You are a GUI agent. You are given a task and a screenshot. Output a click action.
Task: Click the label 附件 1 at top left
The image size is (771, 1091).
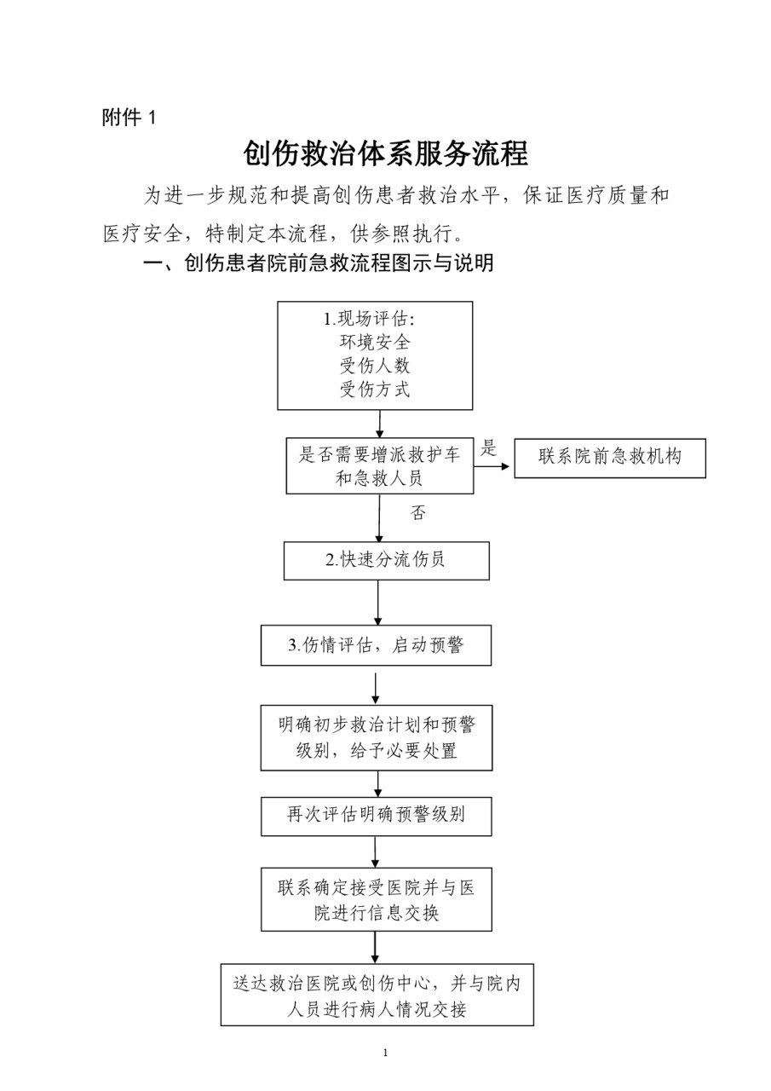click(129, 118)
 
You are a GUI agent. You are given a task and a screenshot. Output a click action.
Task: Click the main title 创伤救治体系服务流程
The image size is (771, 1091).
click(385, 154)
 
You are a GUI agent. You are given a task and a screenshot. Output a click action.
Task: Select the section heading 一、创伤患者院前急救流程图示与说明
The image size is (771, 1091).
click(319, 263)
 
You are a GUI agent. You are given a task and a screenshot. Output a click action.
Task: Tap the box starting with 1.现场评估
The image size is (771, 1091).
click(375, 355)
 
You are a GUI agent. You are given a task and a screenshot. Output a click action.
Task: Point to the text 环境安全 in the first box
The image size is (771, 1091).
click(375, 342)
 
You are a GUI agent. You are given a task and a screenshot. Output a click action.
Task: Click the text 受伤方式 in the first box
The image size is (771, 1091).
click(375, 390)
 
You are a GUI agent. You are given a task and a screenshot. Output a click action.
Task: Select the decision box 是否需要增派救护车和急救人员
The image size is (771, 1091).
click(380, 466)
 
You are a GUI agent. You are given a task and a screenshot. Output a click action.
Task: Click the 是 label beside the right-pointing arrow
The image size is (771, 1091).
click(489, 447)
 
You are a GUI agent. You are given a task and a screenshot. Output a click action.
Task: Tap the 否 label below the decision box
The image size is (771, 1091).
click(417, 513)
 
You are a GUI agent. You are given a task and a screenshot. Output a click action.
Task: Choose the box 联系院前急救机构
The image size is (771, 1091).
click(610, 458)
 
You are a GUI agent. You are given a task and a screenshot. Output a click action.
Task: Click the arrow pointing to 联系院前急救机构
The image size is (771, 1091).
click(492, 466)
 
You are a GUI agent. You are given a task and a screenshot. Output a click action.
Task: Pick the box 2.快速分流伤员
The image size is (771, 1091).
click(387, 561)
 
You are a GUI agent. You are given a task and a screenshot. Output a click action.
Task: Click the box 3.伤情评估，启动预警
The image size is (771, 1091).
click(376, 645)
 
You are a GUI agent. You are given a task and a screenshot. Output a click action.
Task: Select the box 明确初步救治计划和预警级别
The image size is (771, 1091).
click(377, 738)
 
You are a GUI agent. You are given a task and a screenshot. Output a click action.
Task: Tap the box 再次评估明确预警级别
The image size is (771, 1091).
click(377, 817)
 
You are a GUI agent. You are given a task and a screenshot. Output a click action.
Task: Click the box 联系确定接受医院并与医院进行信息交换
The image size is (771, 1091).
click(377, 899)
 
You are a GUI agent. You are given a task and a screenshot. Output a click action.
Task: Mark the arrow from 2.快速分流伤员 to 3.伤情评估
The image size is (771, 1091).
click(377, 603)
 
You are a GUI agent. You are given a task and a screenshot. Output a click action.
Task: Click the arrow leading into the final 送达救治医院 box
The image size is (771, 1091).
click(375, 947)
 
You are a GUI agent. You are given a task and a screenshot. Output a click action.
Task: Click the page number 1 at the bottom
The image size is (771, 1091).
click(385, 1053)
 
